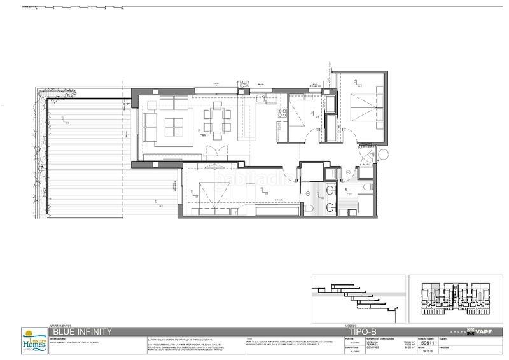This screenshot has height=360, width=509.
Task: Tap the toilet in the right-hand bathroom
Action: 370,187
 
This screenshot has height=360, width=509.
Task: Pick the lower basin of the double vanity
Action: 330,206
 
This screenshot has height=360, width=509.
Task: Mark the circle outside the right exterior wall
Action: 383,155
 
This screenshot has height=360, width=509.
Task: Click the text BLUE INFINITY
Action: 82,331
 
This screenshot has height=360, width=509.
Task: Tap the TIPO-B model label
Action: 363,331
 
